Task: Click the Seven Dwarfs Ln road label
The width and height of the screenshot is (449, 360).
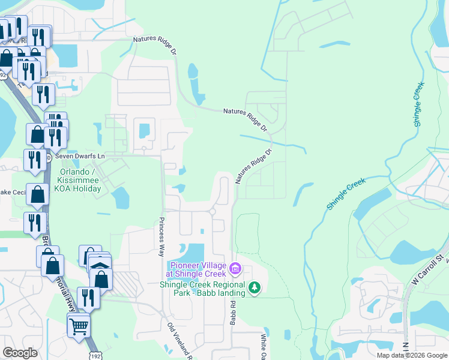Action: coord(80,156)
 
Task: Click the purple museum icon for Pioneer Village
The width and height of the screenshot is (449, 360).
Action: coord(235,267)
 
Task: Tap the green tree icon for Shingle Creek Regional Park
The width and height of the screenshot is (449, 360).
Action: coord(255,289)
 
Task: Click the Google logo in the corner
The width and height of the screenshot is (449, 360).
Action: coord(20,353)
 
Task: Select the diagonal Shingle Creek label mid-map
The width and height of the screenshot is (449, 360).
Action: coord(346,193)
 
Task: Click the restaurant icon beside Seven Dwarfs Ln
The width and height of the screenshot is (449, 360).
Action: coord(34,159)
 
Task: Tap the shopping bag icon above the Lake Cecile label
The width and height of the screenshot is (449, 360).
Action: coord(37,194)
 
